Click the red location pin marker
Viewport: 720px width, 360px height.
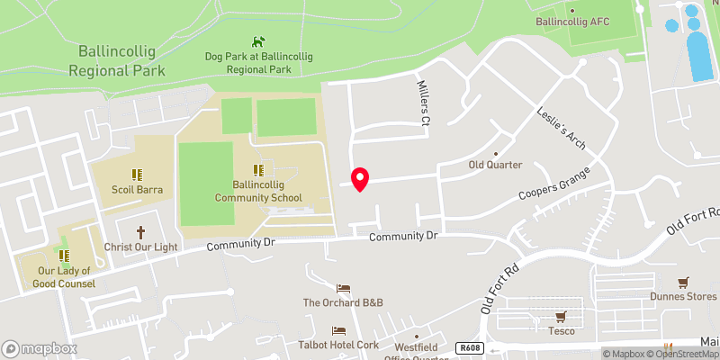tap(360, 178)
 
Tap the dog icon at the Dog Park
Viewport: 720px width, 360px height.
tap(258, 41)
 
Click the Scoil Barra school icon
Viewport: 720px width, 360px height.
tap(136, 175)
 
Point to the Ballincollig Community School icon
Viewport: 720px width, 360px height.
tap(258, 168)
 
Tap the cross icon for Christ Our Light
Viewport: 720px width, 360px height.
tap(139, 231)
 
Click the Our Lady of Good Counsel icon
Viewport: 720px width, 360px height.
tap(64, 256)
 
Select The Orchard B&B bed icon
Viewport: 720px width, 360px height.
tap(342, 288)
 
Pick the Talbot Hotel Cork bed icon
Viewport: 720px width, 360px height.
tap(338, 330)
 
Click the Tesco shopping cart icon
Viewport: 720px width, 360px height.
tap(561, 316)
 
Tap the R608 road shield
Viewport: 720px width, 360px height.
tap(467, 347)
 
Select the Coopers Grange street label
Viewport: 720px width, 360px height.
tap(553, 184)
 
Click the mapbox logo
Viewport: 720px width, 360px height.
tap(40, 348)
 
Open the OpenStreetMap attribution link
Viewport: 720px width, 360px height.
tap(683, 354)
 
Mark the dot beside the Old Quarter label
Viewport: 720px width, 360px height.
tap(508, 152)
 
